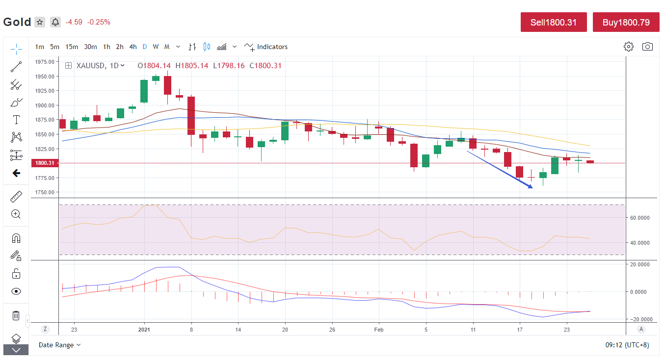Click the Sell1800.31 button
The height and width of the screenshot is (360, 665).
coord(554,22)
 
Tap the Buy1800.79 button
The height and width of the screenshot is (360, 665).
coord(626,22)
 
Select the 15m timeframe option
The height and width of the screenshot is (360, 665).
coord(72,47)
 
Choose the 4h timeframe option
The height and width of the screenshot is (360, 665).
coord(133,47)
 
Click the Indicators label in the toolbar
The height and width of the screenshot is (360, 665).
coord(272,47)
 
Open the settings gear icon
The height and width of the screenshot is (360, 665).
coord(629,47)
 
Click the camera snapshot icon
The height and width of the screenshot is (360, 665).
coord(647,47)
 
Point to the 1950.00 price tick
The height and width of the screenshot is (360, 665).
coord(45,77)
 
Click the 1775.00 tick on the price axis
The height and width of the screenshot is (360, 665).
coord(45,178)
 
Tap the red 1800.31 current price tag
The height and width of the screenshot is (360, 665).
coord(44,163)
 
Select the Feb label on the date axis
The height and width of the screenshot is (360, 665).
coord(379,330)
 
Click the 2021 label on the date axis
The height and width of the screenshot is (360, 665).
coord(144,330)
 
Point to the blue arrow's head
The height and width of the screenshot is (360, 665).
coord(531,187)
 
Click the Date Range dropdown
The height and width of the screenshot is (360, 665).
coord(59,345)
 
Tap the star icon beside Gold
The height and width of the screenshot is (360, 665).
coord(40,22)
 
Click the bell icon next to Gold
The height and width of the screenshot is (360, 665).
coord(55,22)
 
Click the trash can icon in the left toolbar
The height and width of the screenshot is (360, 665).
coord(16,315)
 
